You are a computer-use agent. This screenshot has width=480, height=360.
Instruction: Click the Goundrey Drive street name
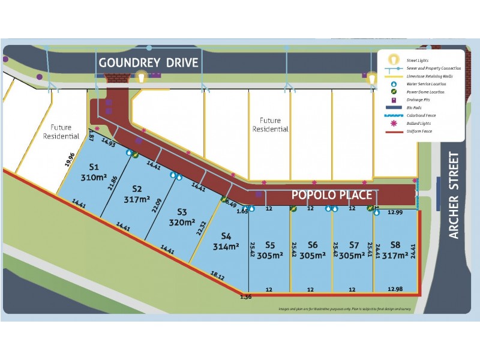(157, 62)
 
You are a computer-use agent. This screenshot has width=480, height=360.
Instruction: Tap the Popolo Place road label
(331, 195)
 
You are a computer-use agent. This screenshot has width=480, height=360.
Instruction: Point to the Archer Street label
(454, 195)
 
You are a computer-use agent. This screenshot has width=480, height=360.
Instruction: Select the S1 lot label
(94, 167)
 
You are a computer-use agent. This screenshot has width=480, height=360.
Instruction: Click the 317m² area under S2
(137, 199)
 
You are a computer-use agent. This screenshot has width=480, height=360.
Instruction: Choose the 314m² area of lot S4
(226, 246)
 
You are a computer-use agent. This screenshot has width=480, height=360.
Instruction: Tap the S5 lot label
(270, 244)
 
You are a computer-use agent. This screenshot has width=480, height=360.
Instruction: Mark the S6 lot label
(312, 244)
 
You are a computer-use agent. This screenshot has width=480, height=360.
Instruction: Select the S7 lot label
(353, 244)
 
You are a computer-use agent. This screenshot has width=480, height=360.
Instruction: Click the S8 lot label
(395, 244)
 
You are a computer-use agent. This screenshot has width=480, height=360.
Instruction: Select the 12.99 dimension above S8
(395, 212)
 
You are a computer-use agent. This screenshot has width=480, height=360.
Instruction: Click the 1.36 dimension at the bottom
(246, 296)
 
